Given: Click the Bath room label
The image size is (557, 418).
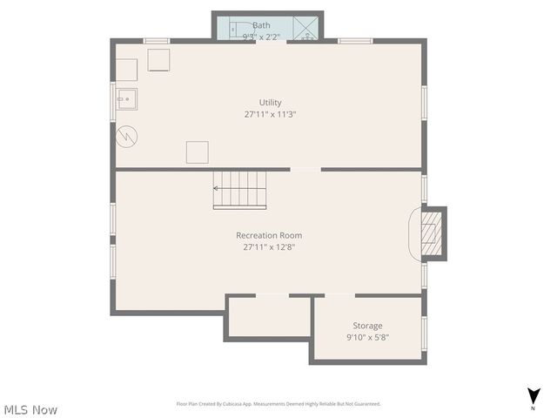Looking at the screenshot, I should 261,26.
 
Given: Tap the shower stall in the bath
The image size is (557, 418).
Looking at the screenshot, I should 305,28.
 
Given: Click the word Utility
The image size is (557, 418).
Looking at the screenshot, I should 270,103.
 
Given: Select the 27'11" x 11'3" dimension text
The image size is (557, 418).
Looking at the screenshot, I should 270,114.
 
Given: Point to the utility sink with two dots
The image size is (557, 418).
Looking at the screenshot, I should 127,100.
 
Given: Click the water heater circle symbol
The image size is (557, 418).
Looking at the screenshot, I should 128,136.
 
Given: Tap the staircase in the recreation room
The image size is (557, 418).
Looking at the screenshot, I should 241,189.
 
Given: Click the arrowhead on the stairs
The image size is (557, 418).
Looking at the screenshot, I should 217,186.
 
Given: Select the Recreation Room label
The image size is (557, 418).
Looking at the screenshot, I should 269,235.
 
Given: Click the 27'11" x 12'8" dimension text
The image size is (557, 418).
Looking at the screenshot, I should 269,246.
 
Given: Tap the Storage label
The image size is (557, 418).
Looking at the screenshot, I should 367,326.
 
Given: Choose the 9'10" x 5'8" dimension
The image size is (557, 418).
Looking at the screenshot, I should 367,337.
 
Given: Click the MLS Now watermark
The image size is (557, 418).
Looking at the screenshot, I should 30,409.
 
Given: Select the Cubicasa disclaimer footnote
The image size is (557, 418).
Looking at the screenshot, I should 278,404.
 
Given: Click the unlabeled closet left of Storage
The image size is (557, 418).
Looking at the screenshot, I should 269,317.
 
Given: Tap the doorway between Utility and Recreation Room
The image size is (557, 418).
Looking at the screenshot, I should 305,169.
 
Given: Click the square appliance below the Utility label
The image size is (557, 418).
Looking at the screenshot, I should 198,152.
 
